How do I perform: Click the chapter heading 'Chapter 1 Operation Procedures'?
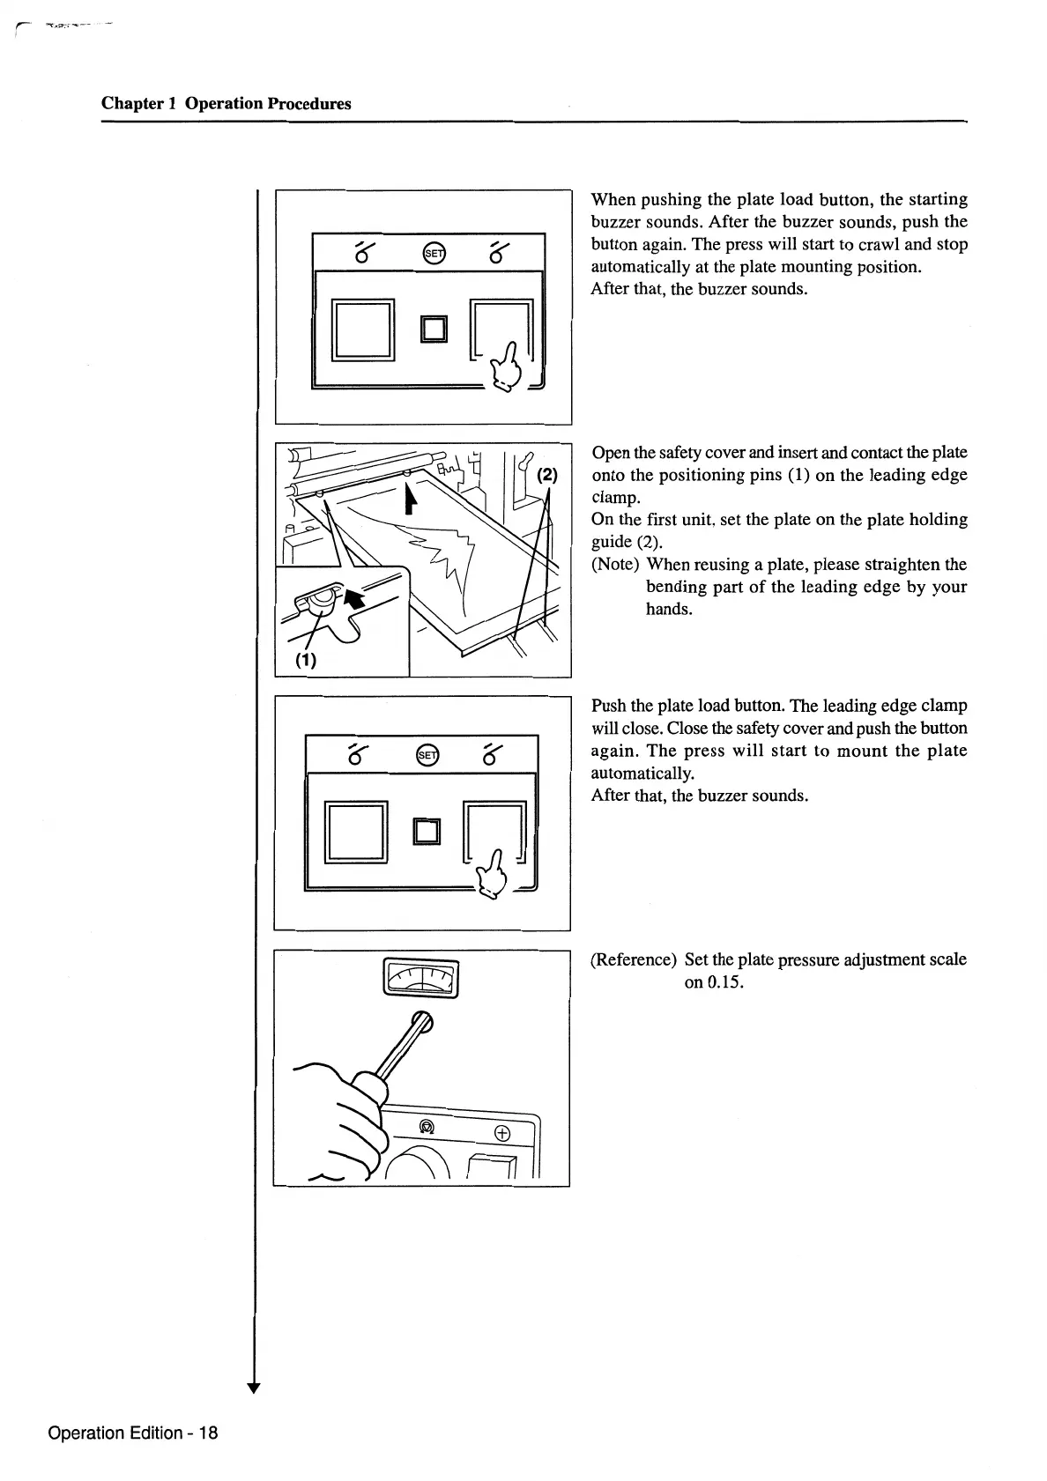coord(226,104)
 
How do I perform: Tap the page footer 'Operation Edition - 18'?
coord(133,1433)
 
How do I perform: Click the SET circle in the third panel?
coord(427,755)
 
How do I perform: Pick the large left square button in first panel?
coord(361,330)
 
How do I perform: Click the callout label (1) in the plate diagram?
coord(306,659)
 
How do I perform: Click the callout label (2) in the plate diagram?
coord(546,475)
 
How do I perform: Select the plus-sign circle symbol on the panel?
coord(503,1133)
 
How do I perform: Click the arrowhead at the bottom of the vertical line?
coord(255,1388)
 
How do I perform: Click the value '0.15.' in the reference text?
coord(714,982)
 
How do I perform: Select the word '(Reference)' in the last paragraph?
coord(634,959)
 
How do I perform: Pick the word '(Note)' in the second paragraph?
coord(615,565)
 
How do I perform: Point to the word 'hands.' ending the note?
coord(669,609)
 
